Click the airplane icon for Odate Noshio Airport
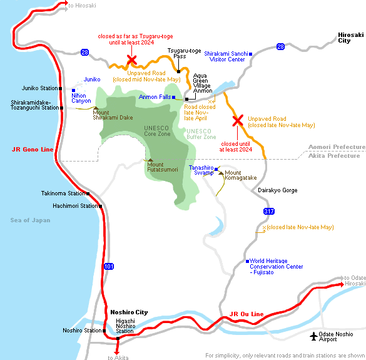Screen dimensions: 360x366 tap(314, 337)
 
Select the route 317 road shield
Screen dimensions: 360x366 tap(269, 212)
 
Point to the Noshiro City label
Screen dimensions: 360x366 tap(129, 312)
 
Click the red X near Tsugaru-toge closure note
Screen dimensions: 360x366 tap(132, 60)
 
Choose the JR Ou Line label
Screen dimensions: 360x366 tap(247, 314)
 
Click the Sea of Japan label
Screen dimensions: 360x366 tap(30, 220)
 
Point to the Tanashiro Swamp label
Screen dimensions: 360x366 tap(203, 170)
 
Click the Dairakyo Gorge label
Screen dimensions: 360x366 tap(277, 190)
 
